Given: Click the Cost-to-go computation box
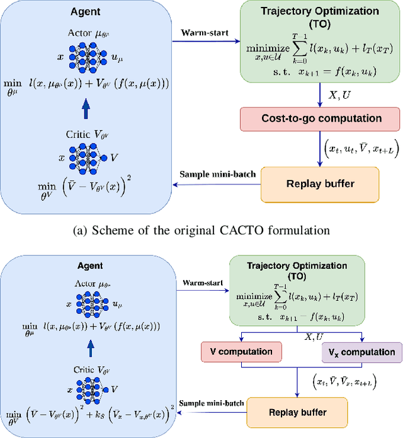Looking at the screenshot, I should pyautogui.click(x=320, y=118).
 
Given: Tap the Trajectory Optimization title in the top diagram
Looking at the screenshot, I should pyautogui.click(x=320, y=16).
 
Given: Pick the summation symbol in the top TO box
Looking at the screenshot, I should pyautogui.click(x=297, y=47).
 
